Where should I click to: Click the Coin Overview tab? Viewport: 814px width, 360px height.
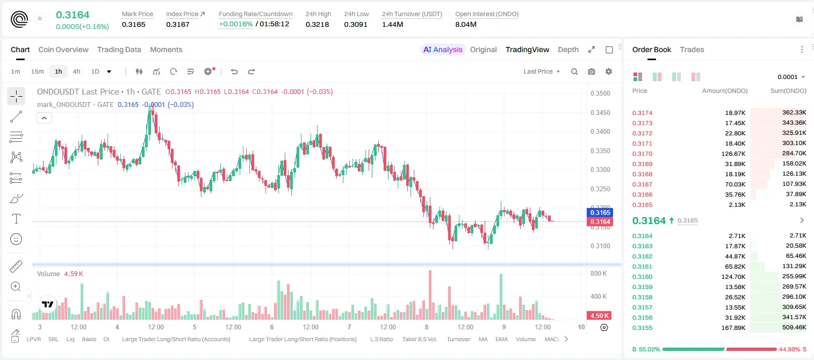(x=63, y=49)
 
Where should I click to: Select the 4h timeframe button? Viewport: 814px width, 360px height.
(x=76, y=71)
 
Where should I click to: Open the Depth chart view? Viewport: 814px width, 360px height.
(x=568, y=49)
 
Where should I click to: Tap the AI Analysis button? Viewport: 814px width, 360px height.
(x=443, y=49)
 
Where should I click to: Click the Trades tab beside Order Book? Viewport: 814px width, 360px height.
(x=692, y=49)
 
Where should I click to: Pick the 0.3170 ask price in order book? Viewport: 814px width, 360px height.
(x=642, y=154)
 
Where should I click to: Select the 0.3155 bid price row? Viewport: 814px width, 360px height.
(x=642, y=328)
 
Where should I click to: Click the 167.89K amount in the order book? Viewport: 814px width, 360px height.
(x=733, y=328)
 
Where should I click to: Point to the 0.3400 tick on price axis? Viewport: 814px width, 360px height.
(x=600, y=132)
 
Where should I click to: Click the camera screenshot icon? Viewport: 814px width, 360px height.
(x=592, y=71)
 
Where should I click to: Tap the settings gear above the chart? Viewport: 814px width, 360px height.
(x=609, y=71)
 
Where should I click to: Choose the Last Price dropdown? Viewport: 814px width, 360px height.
(x=542, y=71)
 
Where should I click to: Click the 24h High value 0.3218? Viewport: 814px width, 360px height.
(x=317, y=24)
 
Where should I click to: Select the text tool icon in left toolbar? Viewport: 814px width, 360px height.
(x=16, y=219)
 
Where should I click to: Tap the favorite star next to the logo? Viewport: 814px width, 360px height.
(x=40, y=18)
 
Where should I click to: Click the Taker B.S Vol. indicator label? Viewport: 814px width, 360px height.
(x=419, y=339)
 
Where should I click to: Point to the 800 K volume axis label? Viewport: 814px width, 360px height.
(x=599, y=273)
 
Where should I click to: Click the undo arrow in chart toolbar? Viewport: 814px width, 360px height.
(x=234, y=71)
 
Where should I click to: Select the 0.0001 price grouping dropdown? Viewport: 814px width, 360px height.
(x=791, y=77)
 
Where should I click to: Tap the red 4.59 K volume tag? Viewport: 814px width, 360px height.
(x=599, y=316)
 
